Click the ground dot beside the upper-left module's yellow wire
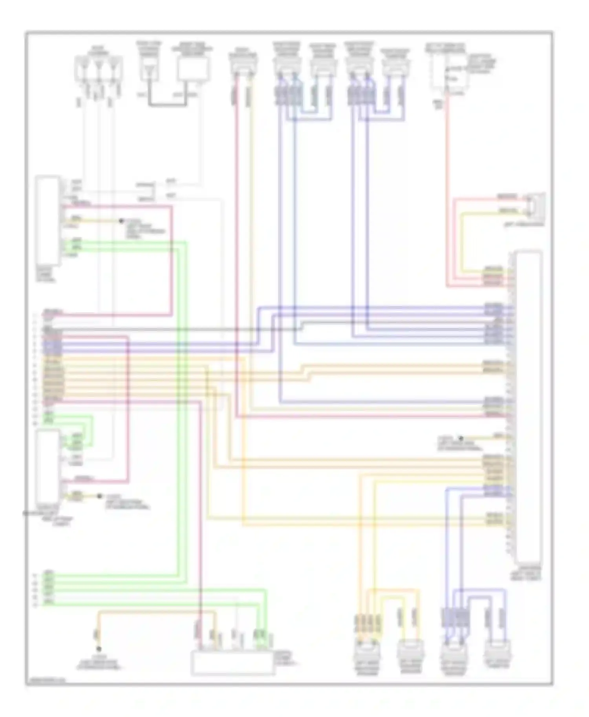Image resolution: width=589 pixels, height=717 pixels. coord(121,221)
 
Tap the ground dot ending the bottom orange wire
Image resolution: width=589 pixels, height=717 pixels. coord(99,649)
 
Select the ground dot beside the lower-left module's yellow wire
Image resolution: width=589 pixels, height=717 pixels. coord(99,496)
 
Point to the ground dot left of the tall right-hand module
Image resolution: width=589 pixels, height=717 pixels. coord(461,438)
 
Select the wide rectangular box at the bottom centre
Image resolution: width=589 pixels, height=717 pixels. coord(232,663)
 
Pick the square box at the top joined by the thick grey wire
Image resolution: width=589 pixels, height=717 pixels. coord(192,69)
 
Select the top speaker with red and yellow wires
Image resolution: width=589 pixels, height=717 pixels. coord(243,67)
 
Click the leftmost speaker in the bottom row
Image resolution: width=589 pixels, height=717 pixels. coord(366,654)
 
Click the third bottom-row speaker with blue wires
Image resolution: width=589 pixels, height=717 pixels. coord(454,654)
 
